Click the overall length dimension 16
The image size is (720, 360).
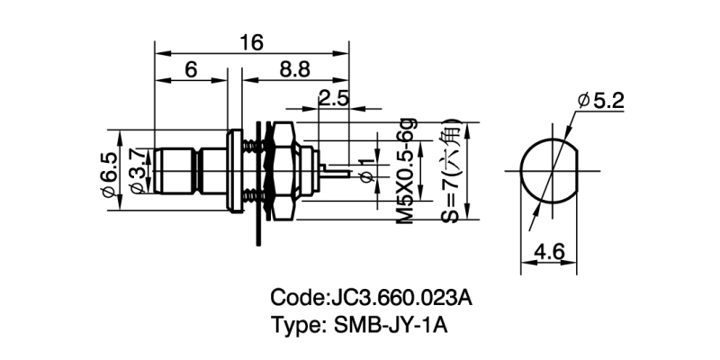coord(250,41)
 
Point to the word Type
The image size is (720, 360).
coord(295,326)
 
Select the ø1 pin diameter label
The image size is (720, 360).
coord(364,171)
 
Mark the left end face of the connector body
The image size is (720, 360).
coord(156,171)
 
